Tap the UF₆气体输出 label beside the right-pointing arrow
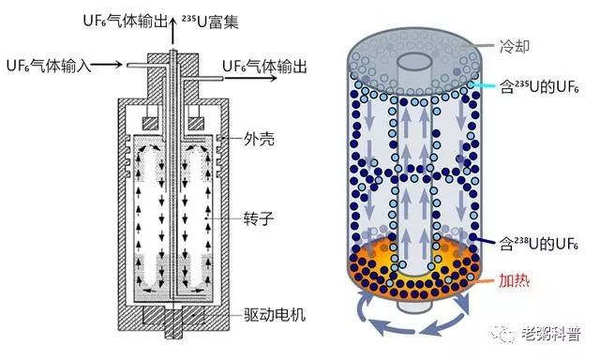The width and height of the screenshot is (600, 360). (x=270, y=65)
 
